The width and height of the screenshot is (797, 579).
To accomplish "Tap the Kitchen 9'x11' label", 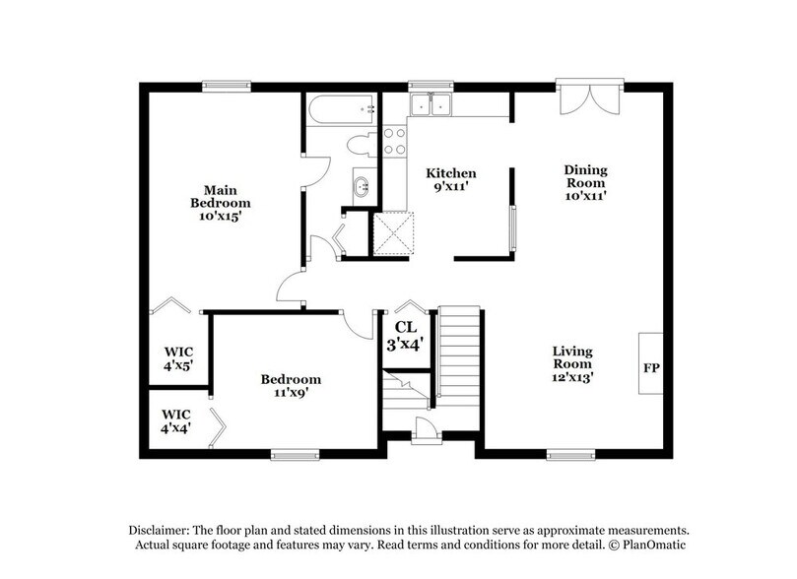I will tap(451, 178).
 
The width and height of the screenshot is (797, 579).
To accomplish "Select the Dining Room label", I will tap(584, 182).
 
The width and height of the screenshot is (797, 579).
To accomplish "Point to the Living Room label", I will tap(571, 362).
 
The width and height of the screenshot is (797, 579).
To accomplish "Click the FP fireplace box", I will tap(650, 367).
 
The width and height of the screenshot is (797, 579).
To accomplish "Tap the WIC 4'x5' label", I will tap(177, 356).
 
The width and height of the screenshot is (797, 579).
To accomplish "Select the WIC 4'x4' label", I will tap(175, 420).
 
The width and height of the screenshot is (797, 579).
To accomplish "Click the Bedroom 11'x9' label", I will tap(291, 386).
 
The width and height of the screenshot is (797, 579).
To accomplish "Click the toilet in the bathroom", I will tap(363, 146).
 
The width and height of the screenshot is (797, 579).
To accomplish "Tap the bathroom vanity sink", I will tap(363, 185).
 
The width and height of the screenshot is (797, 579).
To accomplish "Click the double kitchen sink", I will tap(431, 105).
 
